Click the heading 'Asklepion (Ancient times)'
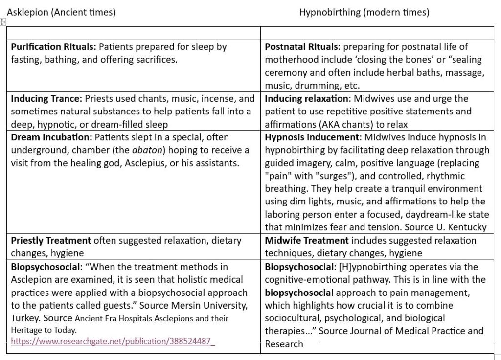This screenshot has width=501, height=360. [61, 12]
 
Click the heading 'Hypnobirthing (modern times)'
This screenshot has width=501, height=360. [364, 12]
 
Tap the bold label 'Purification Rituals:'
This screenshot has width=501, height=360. [54, 47]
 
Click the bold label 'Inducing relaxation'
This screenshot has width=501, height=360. [306, 99]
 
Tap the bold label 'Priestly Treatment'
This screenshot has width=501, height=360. [51, 241]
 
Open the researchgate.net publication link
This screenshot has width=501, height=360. [113, 341]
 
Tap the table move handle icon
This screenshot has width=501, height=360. [3, 22]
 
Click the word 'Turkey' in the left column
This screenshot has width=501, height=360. [25, 318]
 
